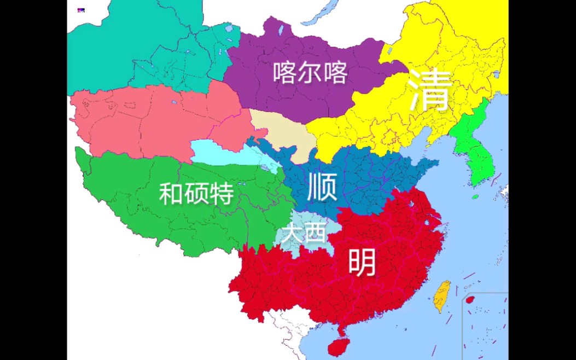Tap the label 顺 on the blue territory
tap(322, 187)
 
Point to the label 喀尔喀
tap(310, 72)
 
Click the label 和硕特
tap(196, 194)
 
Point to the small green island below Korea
tap(475, 196)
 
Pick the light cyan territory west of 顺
tap(219, 150)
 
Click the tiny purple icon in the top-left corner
tap(81, 10)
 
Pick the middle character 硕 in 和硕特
tap(196, 194)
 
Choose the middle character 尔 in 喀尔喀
tap(310, 72)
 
